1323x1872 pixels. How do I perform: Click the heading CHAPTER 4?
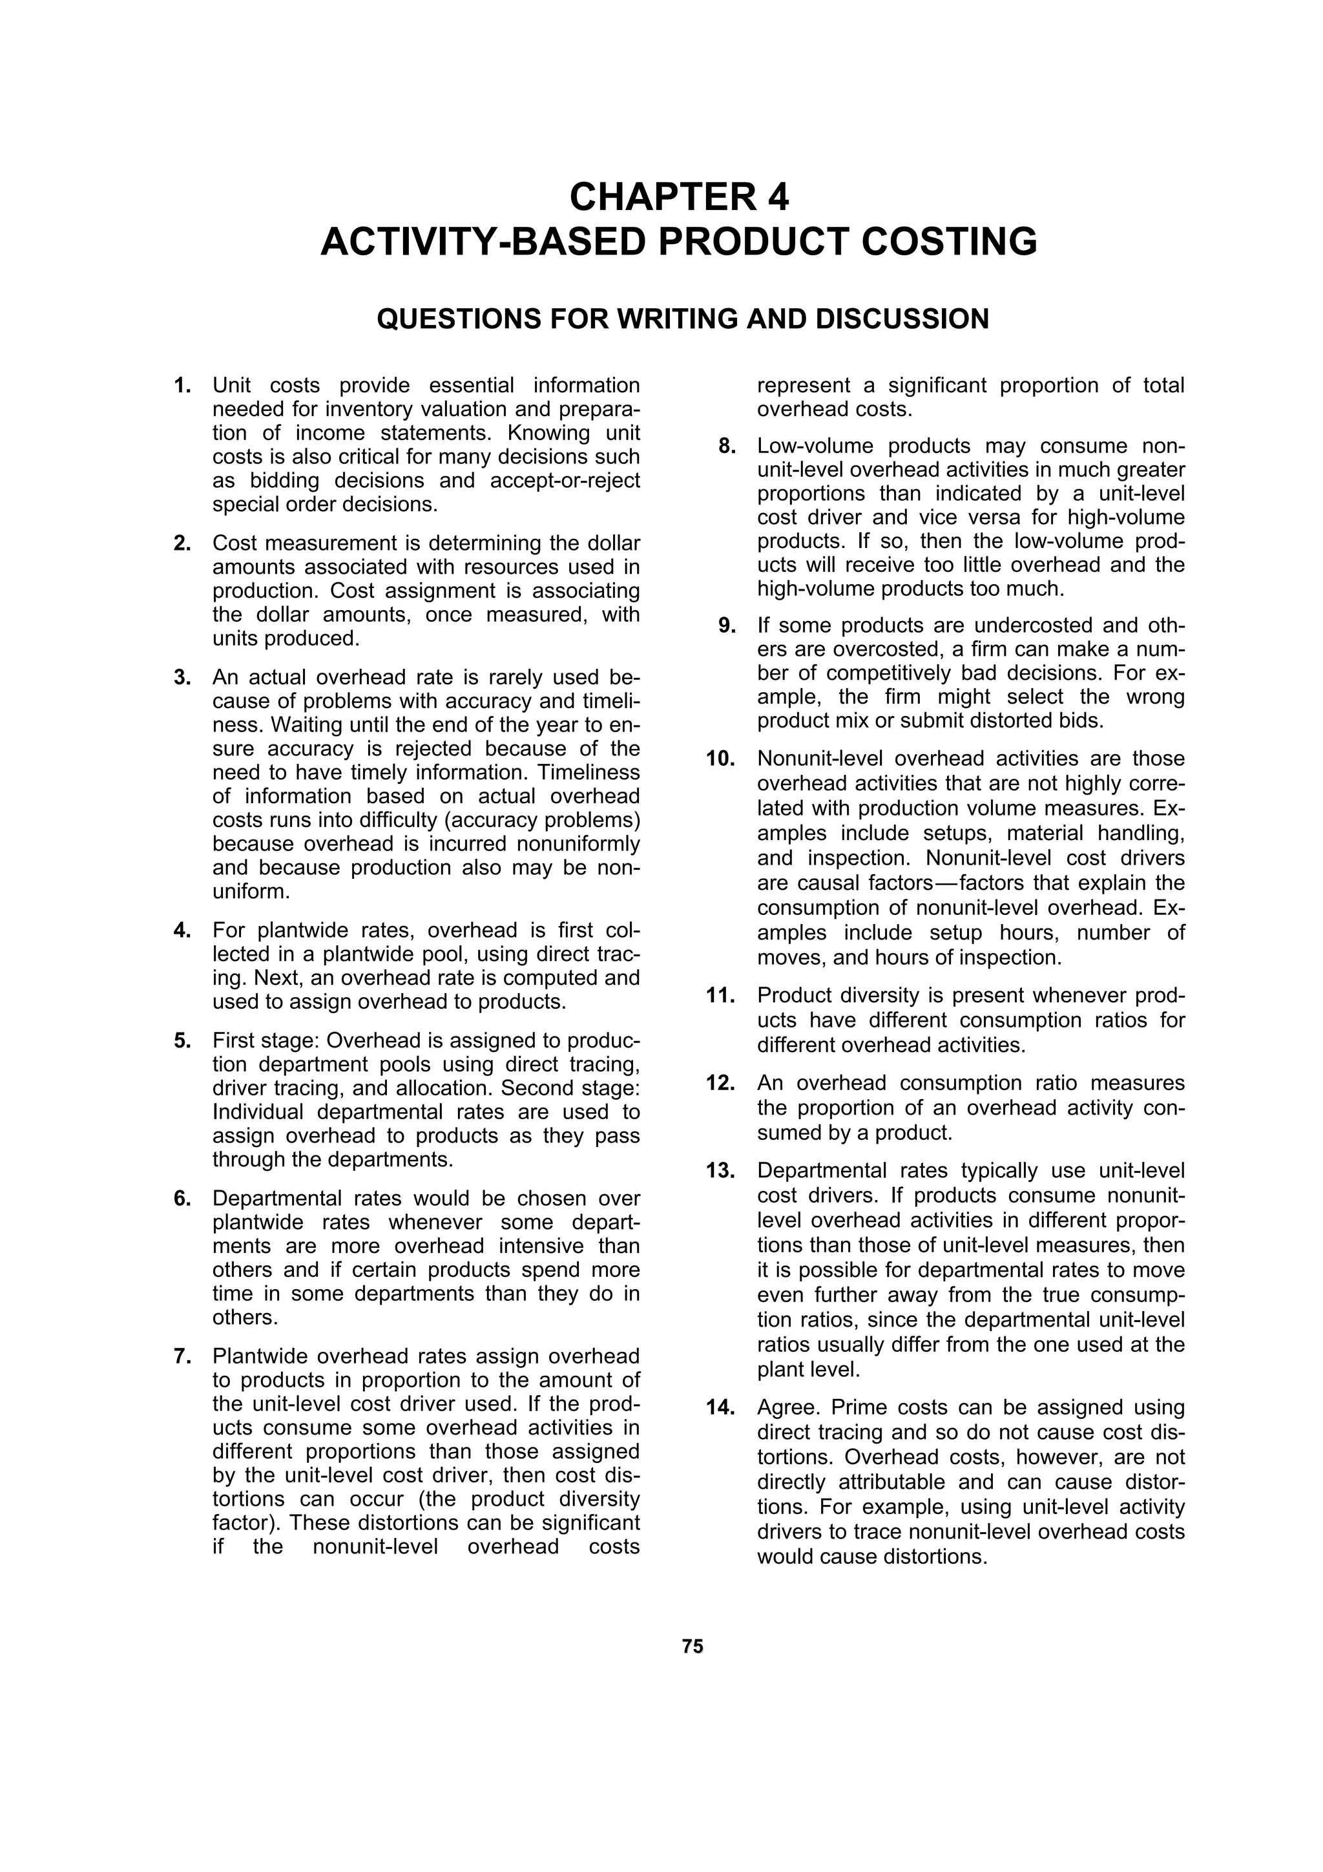(x=678, y=196)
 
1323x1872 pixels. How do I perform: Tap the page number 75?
(x=692, y=1645)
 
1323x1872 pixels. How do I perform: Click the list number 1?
(x=183, y=385)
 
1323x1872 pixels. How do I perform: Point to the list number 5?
(x=183, y=1040)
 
